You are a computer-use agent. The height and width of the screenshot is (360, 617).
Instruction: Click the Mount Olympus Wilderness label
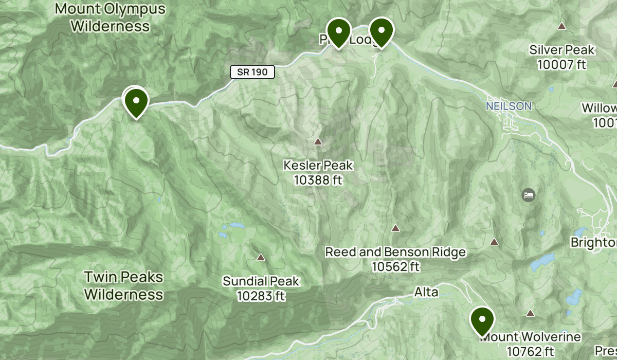[x=110, y=17]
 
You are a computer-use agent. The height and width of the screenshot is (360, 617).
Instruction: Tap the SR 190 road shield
[x=252, y=72]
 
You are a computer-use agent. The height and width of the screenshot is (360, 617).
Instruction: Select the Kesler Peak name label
[x=318, y=166]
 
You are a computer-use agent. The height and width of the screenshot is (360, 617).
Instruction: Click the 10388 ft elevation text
[x=318, y=180]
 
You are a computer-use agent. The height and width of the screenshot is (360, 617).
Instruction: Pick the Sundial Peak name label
[x=261, y=281]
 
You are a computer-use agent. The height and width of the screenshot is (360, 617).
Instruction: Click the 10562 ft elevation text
[x=396, y=267]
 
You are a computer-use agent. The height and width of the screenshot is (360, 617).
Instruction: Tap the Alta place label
[x=426, y=293]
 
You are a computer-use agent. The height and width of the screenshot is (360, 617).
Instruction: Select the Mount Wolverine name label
[x=530, y=337]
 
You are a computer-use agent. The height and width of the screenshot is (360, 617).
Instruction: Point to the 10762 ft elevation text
[x=530, y=351]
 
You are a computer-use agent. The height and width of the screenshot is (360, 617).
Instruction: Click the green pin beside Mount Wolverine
[x=482, y=320]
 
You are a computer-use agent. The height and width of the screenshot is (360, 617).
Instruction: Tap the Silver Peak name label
[x=562, y=50]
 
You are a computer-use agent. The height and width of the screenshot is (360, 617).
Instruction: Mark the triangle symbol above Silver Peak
[x=562, y=26]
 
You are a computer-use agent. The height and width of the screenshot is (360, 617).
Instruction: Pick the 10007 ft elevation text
[x=562, y=64]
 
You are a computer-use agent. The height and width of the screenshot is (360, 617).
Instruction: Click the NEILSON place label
[x=509, y=106]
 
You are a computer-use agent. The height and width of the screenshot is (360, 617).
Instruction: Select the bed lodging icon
[x=529, y=195]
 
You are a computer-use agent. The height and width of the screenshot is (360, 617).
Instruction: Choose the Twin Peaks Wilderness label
[x=123, y=286]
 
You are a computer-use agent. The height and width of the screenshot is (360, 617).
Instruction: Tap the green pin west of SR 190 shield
[x=136, y=102]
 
